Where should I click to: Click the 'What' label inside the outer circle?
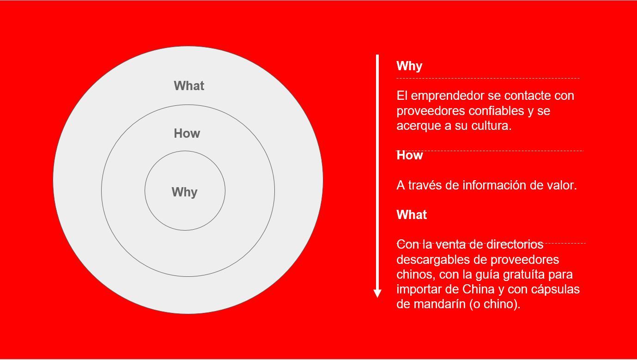[x=189, y=85]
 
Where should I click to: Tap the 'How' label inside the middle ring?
[x=187, y=133]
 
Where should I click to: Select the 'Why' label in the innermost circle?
[x=185, y=192]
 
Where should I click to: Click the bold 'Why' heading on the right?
[x=409, y=66]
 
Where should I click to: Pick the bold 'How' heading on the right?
[x=409, y=155]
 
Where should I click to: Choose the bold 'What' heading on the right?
[x=412, y=214]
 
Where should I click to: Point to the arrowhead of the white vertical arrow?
[x=377, y=293]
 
